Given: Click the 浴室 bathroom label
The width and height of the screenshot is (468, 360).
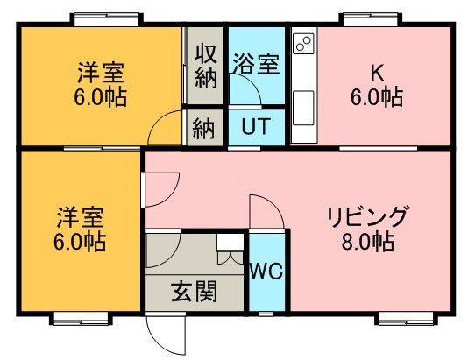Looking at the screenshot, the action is pos(256,64).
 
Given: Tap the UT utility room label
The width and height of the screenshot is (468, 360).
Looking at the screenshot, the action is pos(256,126).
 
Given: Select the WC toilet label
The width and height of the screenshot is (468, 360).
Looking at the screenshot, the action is pos(266,272).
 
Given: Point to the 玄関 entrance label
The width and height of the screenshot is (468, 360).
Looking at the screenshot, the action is pos(195,291).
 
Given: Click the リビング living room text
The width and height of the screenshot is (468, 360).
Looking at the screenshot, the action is pos(367,216).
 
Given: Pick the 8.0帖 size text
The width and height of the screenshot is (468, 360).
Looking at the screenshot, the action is pos(367,241).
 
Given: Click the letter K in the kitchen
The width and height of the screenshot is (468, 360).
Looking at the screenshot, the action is pos(377,73).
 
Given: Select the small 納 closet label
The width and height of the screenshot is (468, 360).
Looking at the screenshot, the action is pos(203,129).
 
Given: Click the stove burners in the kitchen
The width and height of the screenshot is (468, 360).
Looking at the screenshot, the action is pos(304,44).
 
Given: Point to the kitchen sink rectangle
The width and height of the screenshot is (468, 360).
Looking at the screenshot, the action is pos(303,108).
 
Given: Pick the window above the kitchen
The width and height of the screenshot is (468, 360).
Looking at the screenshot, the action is pos(370,20).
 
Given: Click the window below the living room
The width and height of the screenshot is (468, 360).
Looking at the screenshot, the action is pos(407,319).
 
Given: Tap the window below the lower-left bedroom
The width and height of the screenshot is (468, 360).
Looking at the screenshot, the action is pos(81,319).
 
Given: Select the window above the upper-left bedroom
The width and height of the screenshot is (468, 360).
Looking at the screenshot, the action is pos(107,20).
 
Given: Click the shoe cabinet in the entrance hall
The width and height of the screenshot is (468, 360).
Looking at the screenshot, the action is pos(230,249).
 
